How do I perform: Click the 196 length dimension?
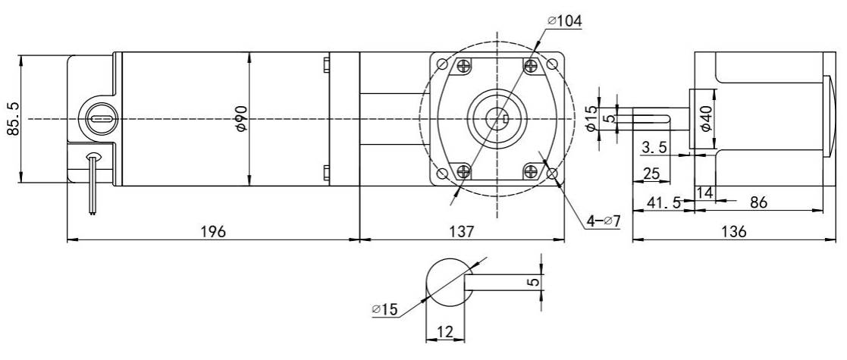pyautogui.click(x=213, y=232)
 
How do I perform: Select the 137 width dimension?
pyautogui.click(x=462, y=232)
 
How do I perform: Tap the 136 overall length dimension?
pyautogui.click(x=733, y=232)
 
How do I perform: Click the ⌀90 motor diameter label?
pyautogui.click(x=241, y=119)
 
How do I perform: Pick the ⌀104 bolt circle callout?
pyautogui.click(x=564, y=21)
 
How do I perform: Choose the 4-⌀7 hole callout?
pyautogui.click(x=604, y=221)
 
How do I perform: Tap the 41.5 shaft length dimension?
pyautogui.click(x=664, y=202)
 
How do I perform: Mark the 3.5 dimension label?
pyautogui.click(x=654, y=147)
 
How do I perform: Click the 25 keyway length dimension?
pyautogui.click(x=652, y=174)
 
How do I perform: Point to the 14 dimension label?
pyautogui.click(x=705, y=193)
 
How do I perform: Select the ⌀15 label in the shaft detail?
pyautogui.click(x=384, y=309)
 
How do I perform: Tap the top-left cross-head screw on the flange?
pyautogui.click(x=463, y=66)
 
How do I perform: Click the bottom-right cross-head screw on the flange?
pyautogui.click(x=531, y=172)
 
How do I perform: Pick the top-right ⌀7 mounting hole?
pyautogui.click(x=551, y=64)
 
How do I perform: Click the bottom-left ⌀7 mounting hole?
pyautogui.click(x=442, y=174)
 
